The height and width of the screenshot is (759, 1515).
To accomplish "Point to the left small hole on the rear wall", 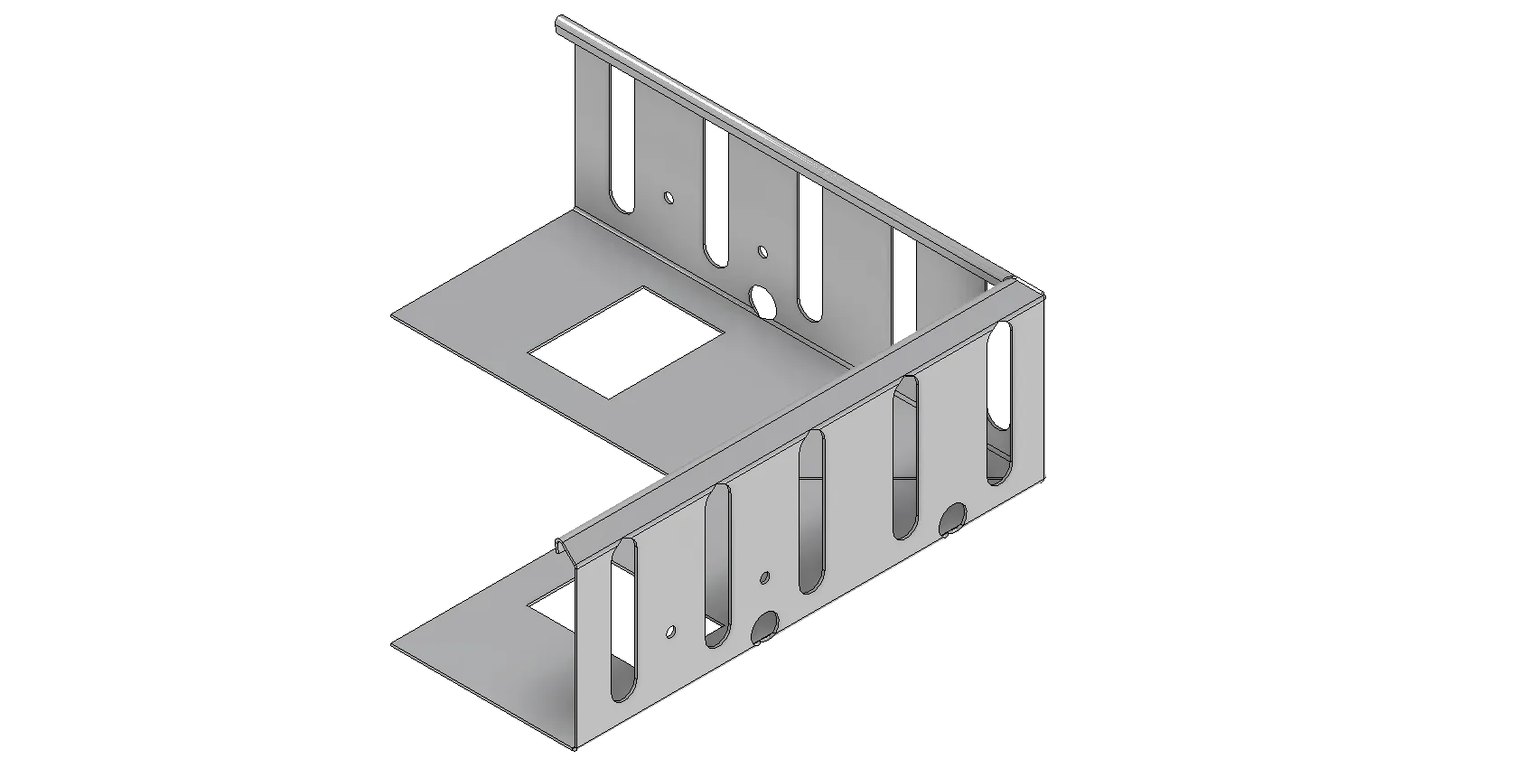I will (669, 196).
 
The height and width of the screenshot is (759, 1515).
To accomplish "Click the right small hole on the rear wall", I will (762, 251).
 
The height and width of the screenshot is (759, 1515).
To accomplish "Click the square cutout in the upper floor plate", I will (628, 342).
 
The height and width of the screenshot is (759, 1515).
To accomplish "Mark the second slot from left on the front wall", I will (717, 566).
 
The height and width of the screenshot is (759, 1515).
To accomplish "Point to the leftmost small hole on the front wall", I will (670, 631).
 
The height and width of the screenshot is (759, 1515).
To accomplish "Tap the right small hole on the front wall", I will (764, 576).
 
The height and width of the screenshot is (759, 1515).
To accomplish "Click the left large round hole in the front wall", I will (765, 626).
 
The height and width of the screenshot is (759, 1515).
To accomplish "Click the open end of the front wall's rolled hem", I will (564, 546).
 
